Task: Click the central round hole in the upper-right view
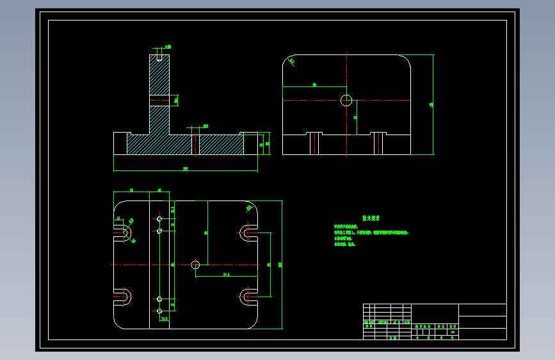pos(346,99)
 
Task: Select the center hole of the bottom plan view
pos(196,265)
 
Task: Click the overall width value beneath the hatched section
pos(186,169)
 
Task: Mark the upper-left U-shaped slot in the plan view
pos(125,231)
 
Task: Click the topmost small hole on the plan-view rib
pos(159,218)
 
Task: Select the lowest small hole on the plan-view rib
pos(159,311)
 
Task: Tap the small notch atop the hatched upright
pos(159,56)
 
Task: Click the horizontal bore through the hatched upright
pos(160,99)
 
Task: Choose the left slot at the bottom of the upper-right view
pos(314,143)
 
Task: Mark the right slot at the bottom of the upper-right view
pos(379,143)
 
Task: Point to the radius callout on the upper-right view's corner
pos(292,61)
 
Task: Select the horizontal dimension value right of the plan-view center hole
pos(227,275)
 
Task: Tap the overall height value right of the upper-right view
pos(431,105)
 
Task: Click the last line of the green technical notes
pos(345,244)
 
